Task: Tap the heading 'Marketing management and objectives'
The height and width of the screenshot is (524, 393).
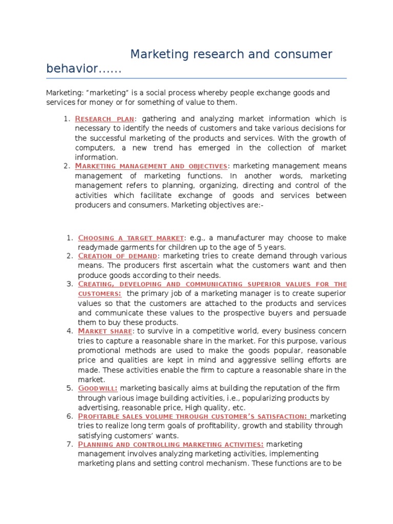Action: [151, 166]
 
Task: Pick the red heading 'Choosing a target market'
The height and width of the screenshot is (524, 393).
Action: [130, 238]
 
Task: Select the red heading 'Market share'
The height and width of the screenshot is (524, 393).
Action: [105, 331]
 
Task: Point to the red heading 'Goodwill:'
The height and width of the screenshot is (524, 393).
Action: [97, 389]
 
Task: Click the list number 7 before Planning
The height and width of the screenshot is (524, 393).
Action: [70, 444]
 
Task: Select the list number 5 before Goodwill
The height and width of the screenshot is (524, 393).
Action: [70, 389]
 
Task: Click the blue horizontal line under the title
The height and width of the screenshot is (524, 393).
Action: [196, 79]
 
